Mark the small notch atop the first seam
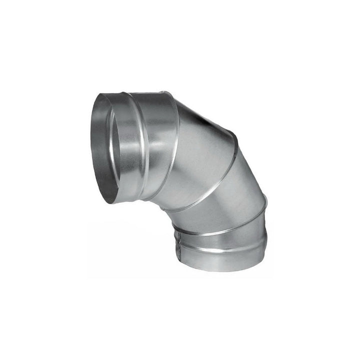[x=162, y=92]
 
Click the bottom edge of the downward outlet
[x=220, y=270]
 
